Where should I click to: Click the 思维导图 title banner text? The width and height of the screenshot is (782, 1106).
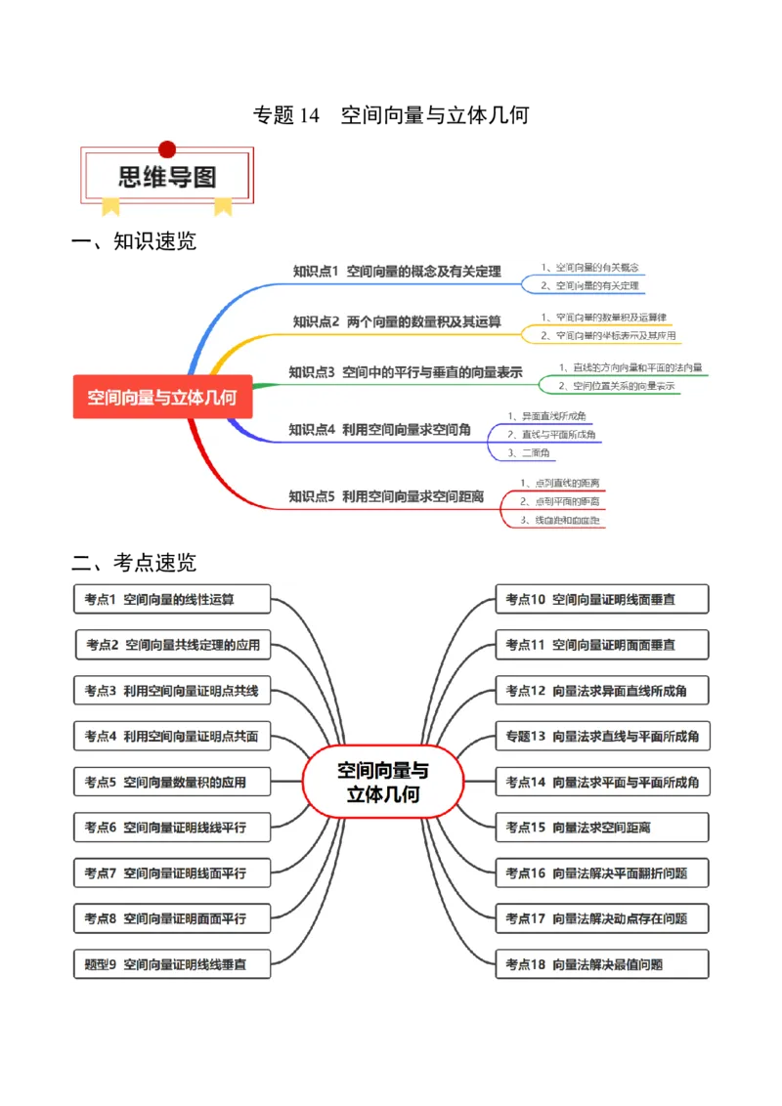pos(167,177)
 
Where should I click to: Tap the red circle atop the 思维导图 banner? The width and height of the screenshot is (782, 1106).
pos(167,149)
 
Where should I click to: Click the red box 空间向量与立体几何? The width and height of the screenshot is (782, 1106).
pos(162,397)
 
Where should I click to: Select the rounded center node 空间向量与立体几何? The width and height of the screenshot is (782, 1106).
pos(383,782)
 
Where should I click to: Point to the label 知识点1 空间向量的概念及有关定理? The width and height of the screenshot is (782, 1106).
pos(397,271)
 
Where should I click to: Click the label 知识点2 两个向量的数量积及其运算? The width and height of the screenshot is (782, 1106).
pos(397,321)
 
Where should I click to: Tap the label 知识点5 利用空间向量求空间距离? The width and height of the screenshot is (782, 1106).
pos(386,496)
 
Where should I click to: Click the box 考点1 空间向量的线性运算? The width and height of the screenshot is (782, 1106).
pos(172,599)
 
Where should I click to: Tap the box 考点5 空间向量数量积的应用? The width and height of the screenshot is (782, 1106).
pos(172,782)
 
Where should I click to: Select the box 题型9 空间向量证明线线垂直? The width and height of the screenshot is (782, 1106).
pos(172,964)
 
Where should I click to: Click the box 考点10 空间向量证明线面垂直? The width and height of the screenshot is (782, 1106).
pos(602,599)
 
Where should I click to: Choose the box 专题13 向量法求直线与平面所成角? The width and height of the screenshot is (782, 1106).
pos(602,736)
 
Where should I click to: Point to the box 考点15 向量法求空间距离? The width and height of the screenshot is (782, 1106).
pos(602,828)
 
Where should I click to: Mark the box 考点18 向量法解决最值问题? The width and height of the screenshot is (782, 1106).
pos(602,964)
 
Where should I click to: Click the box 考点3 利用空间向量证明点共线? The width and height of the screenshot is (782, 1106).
pos(172,691)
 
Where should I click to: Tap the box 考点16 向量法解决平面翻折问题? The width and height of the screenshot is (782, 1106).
pos(602,873)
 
